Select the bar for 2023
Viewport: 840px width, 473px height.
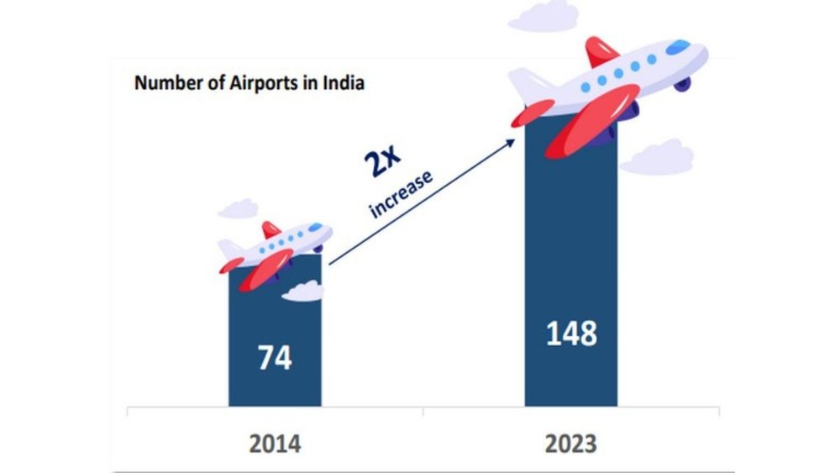571,277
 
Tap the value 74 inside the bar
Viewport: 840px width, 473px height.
275,358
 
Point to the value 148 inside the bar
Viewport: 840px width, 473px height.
571,334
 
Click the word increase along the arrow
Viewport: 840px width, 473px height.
402,194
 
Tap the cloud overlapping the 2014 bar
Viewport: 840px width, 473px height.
302,291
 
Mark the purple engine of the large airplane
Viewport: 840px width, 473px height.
682,84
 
